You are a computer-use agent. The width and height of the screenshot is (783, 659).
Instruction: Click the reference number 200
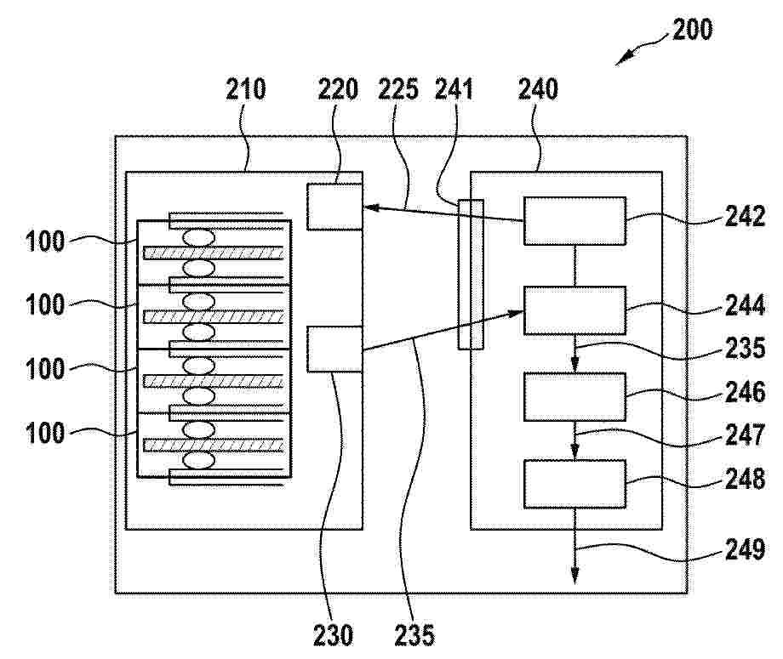(692, 30)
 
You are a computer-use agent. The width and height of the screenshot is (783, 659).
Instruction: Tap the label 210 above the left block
(246, 90)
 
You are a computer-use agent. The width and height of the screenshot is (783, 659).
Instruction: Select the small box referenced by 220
(334, 207)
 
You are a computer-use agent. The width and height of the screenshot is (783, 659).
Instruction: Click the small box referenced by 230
(334, 349)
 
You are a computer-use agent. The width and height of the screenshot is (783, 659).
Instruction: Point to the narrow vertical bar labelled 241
(471, 275)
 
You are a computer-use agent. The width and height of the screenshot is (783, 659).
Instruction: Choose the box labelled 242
(574, 221)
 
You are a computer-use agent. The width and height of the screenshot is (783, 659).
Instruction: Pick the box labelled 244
(574, 310)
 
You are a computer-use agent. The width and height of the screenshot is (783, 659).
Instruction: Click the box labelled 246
(574, 397)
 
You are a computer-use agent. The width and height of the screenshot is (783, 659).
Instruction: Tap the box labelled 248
(574, 484)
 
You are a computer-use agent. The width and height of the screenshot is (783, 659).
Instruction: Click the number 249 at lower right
(745, 549)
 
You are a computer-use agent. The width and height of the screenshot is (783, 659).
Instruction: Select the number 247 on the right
(745, 435)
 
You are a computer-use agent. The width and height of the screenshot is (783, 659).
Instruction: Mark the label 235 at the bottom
(414, 635)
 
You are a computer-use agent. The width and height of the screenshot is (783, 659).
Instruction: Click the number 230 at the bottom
(333, 635)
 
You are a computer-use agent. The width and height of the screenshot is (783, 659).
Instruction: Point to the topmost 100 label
(45, 241)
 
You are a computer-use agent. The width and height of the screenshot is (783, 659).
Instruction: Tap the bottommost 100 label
(45, 433)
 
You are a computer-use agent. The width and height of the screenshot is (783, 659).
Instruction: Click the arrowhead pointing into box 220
(370, 207)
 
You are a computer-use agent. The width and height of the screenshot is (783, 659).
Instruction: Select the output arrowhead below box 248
(574, 576)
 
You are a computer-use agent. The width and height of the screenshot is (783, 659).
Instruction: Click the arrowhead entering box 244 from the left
(516, 312)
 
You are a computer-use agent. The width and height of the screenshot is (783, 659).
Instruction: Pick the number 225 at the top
(398, 90)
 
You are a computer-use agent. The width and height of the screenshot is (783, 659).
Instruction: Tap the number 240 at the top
(538, 90)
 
